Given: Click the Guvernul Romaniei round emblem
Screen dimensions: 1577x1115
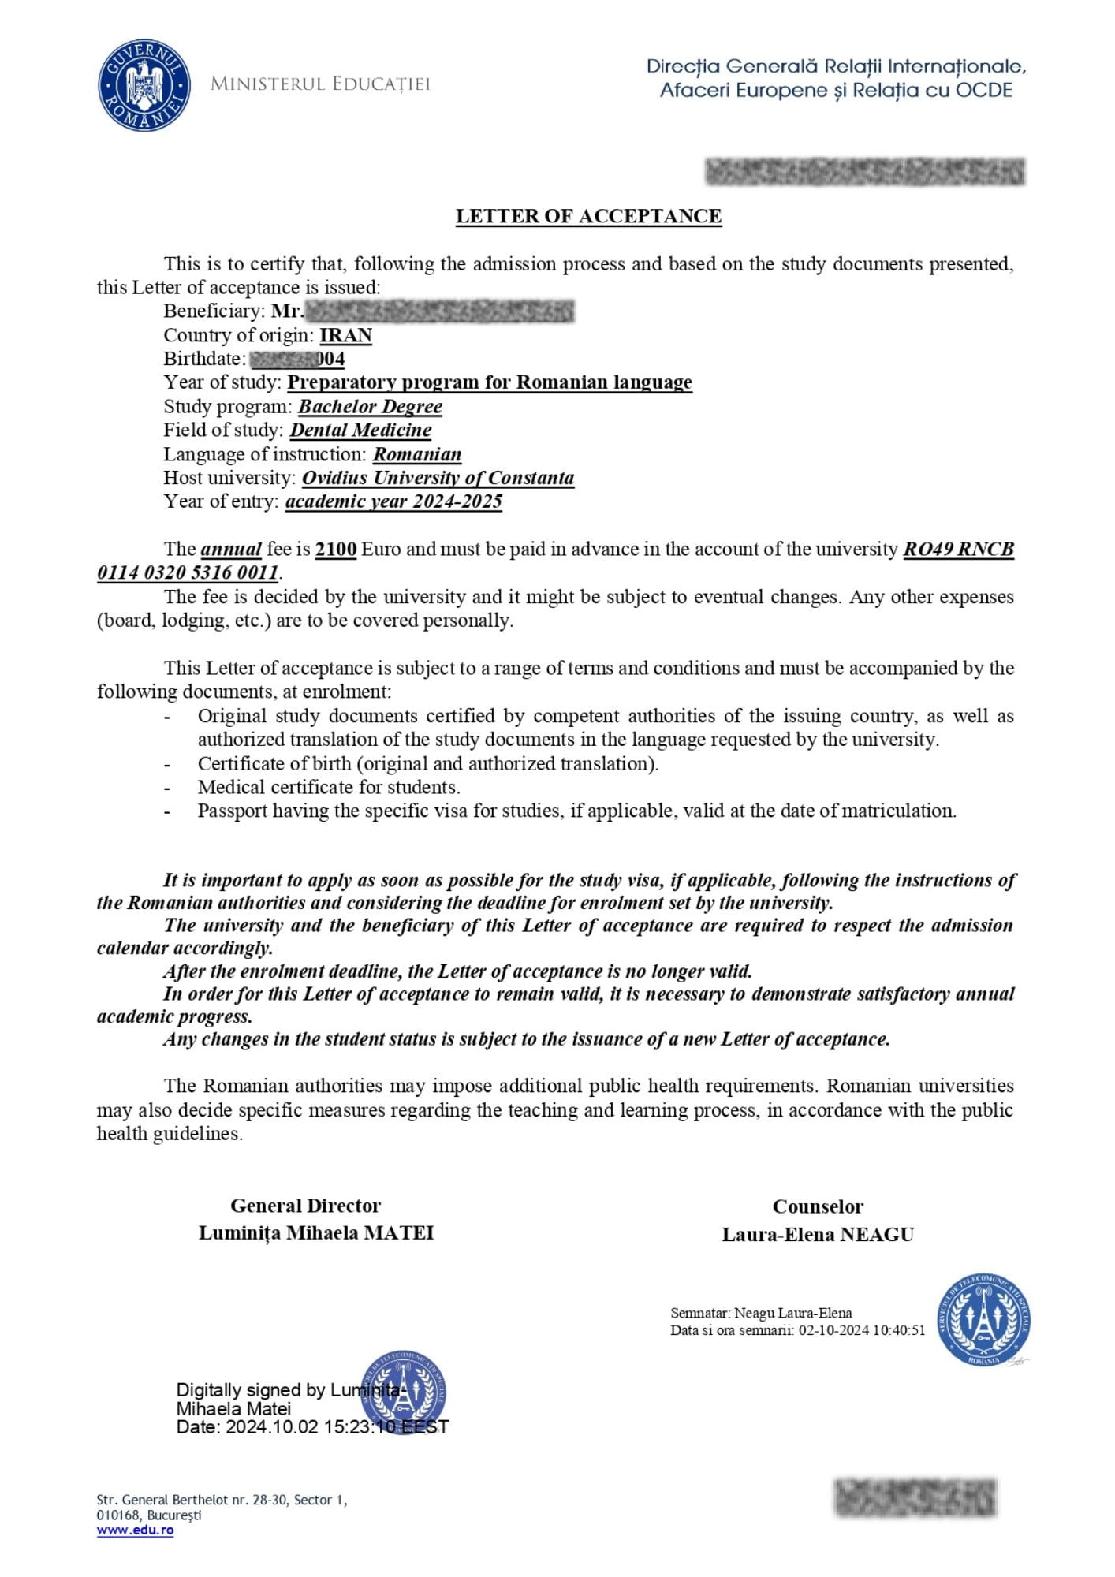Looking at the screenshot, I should click(144, 86).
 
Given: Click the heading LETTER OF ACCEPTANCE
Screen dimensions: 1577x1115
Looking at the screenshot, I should click(588, 216).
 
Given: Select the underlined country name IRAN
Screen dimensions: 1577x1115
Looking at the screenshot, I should click(345, 335).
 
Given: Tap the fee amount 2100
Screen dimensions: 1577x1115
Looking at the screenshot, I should click(336, 549).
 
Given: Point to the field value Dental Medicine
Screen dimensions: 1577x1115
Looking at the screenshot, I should click(360, 431).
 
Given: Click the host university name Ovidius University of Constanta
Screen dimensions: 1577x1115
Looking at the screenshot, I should click(438, 478).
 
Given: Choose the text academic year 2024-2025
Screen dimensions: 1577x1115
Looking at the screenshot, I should click(393, 501).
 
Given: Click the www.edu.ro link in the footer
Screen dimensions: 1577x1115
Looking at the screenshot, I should click(135, 1530).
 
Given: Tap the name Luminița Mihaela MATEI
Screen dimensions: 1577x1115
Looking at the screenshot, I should click(316, 1233).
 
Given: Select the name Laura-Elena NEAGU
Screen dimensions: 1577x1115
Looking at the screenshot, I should click(818, 1235).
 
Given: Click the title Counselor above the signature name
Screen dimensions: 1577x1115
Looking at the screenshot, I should click(818, 1206).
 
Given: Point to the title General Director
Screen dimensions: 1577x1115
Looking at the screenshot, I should click(305, 1206).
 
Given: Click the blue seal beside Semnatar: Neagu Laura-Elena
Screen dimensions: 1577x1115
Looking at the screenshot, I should click(984, 1320).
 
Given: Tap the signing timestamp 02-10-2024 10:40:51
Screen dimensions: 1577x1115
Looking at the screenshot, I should click(862, 1330).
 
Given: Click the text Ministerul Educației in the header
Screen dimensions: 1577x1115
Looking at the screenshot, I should click(320, 84).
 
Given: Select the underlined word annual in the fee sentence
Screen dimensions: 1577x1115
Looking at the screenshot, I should click(231, 549).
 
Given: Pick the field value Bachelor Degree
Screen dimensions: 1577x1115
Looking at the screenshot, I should click(370, 407).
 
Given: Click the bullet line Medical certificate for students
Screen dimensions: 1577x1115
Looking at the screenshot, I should click(329, 787).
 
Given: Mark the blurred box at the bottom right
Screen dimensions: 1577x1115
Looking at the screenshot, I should click(915, 1497).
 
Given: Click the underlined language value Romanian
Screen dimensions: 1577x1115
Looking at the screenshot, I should click(417, 454).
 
